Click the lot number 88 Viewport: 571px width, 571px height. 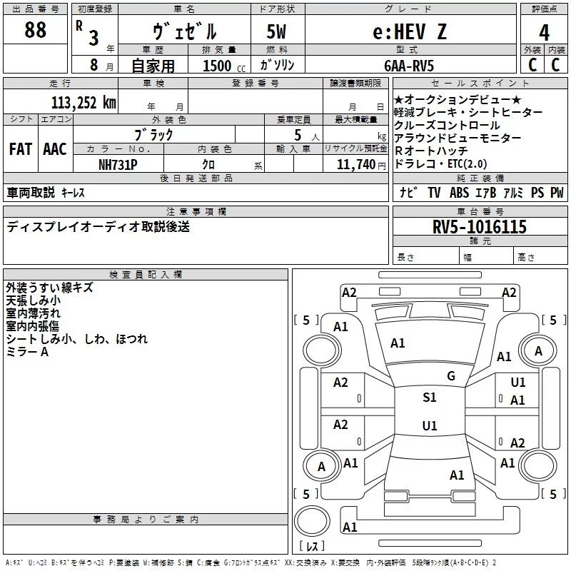[35, 30]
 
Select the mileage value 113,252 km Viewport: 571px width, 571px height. [84, 103]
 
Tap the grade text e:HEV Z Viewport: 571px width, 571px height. [410, 31]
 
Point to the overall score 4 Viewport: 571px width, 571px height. [544, 32]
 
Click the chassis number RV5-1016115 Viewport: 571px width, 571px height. [479, 227]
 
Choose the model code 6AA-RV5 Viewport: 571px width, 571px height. [409, 66]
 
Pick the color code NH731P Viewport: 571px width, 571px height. [118, 165]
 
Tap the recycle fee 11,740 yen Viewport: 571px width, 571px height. [361, 165]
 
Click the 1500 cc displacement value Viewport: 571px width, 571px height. [224, 66]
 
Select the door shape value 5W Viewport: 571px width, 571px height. [276, 31]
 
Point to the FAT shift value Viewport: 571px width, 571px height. [21, 149]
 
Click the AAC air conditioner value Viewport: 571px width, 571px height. [55, 149]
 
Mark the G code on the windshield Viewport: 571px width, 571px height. [451, 376]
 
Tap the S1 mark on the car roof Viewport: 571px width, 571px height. [430, 398]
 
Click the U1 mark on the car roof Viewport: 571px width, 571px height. [430, 425]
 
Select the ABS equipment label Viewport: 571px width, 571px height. [459, 193]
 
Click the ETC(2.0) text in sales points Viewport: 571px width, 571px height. [468, 164]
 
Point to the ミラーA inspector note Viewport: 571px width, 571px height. [27, 352]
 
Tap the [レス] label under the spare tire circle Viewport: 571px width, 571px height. [312, 545]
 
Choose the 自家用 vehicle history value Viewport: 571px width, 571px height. [153, 66]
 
